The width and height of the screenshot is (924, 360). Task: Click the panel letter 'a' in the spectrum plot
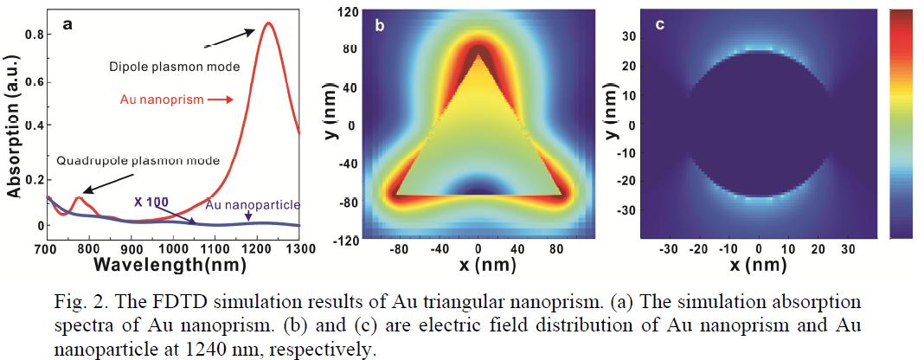pos(67,26)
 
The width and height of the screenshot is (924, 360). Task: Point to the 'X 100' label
pos(151,202)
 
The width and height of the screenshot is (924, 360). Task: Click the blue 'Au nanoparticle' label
pos(253,205)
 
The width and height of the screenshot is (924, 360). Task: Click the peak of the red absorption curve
pos(268,23)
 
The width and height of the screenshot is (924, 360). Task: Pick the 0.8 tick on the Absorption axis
pos(35,35)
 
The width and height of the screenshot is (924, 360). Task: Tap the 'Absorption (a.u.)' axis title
pos(13,127)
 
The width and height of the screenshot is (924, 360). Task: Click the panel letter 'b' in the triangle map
pos(378,25)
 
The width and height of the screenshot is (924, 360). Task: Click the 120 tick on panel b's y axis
pos(347,12)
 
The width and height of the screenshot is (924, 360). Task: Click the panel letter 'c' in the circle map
pos(659,24)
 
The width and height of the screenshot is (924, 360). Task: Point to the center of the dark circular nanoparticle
pos(759,124)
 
